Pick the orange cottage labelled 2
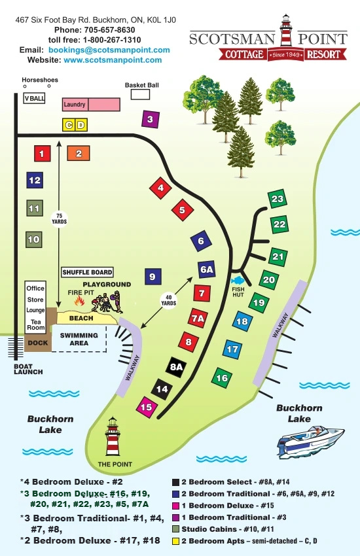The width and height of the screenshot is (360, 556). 79,154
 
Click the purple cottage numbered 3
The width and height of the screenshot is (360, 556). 150,119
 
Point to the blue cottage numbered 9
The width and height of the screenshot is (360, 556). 152,277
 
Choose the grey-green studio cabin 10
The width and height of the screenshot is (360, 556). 33,239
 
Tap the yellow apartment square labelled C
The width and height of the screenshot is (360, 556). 68,125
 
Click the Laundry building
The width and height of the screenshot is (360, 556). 91,104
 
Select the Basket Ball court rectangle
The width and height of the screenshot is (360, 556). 140,95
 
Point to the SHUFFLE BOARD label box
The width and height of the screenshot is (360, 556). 87,272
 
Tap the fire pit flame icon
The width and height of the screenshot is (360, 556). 80,301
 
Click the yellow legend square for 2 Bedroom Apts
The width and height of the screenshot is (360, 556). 175,541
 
